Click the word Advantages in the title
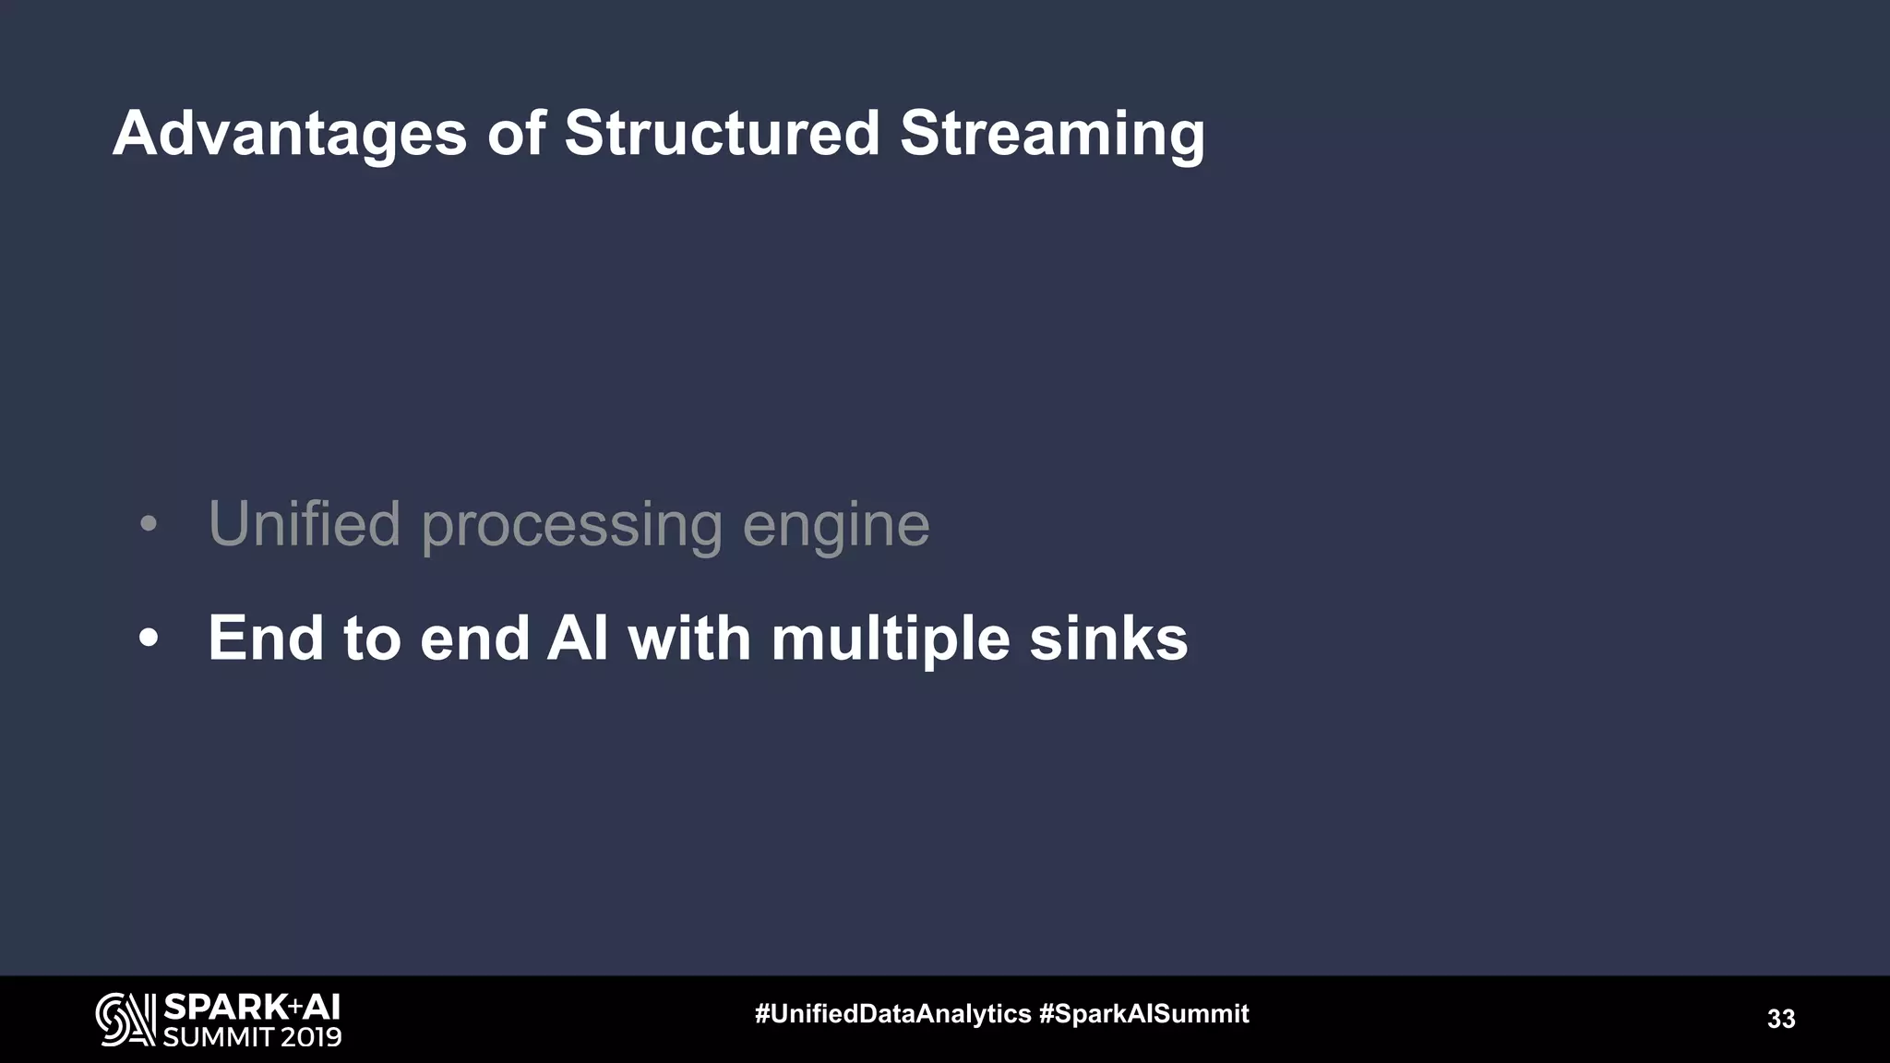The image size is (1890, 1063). coord(290,135)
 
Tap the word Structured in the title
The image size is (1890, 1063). coord(722,133)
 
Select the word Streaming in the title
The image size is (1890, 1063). coord(1052,135)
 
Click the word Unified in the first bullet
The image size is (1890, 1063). coord(304,523)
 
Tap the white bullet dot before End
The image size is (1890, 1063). coord(149,639)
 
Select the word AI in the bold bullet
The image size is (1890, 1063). coord(578,638)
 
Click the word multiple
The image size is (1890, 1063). coord(890,639)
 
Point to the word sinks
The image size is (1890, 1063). coord(1108,638)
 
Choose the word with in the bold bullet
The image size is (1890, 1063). coord(689,638)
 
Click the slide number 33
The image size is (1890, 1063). coord(1780,1019)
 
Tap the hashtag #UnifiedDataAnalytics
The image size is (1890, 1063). coord(892,1014)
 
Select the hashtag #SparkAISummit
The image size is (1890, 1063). coord(1143,1014)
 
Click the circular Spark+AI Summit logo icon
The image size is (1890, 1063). coord(126,1020)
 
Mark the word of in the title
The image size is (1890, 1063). coord(516,133)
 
